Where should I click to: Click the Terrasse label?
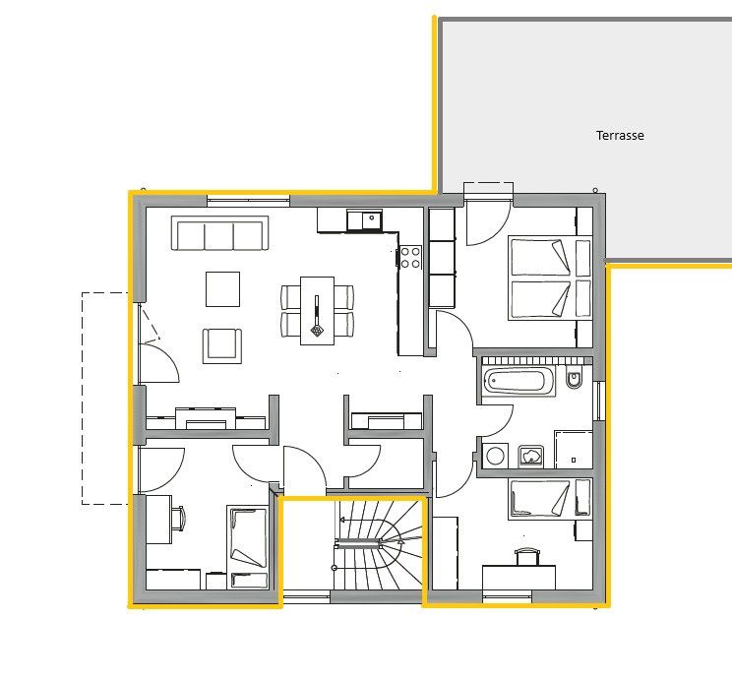tap(620, 136)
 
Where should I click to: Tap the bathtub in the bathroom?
tap(518, 380)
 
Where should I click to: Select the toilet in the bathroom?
tap(574, 378)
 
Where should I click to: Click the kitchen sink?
tap(372, 219)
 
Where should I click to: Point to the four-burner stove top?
tap(410, 258)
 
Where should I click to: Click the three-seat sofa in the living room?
tap(219, 232)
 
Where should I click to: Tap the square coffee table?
tap(222, 289)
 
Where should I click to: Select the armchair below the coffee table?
tap(222, 346)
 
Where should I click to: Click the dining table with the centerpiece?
tap(317, 311)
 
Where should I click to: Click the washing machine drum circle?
tap(494, 456)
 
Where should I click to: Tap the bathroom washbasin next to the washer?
tap(530, 457)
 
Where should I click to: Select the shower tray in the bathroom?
tap(574, 450)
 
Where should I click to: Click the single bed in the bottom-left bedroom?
tap(247, 546)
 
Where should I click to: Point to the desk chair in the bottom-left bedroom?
tap(178, 518)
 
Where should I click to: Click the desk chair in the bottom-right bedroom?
tap(526, 557)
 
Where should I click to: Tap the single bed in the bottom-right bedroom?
tap(550, 498)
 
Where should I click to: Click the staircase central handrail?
tap(358, 543)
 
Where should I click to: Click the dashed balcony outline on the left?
tap(83, 399)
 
